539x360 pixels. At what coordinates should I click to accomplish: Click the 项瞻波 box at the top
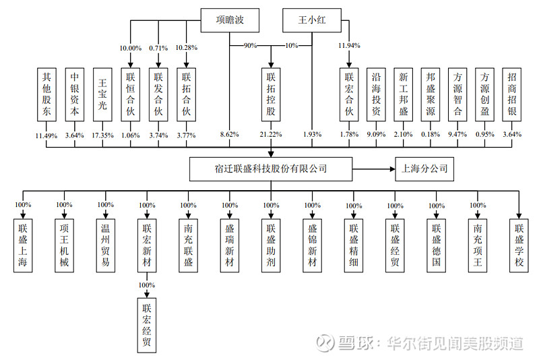pyautogui.click(x=228, y=20)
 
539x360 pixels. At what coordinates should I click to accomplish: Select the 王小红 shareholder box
pyautogui.click(x=312, y=20)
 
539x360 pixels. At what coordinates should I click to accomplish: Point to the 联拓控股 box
pyautogui.click(x=271, y=94)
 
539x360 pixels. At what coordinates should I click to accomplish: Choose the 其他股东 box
pyautogui.click(x=46, y=94)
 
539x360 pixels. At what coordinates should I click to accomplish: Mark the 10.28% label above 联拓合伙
pyautogui.click(x=186, y=49)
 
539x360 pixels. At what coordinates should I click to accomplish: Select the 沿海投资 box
pyautogui.click(x=377, y=94)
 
